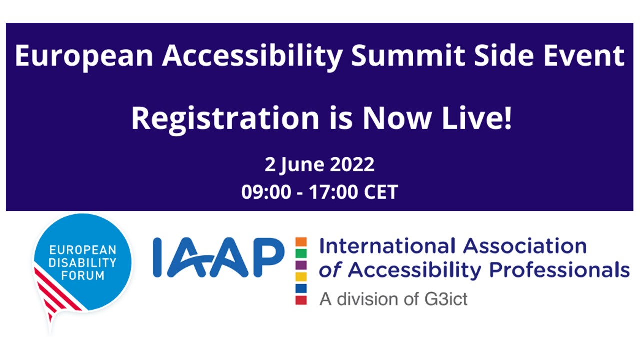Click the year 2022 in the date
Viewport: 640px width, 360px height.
(352, 165)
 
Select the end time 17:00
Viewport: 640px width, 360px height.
(330, 192)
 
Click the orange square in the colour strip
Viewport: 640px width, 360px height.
(301, 242)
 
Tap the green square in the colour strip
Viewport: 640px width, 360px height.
(301, 253)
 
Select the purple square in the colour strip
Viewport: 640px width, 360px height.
(301, 265)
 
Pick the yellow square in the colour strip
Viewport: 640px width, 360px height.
(301, 276)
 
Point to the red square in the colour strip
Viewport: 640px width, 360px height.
(301, 300)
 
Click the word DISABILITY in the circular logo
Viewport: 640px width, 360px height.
(82, 262)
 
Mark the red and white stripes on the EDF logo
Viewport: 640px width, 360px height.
(55, 295)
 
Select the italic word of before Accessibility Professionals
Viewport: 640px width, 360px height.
(331, 270)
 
